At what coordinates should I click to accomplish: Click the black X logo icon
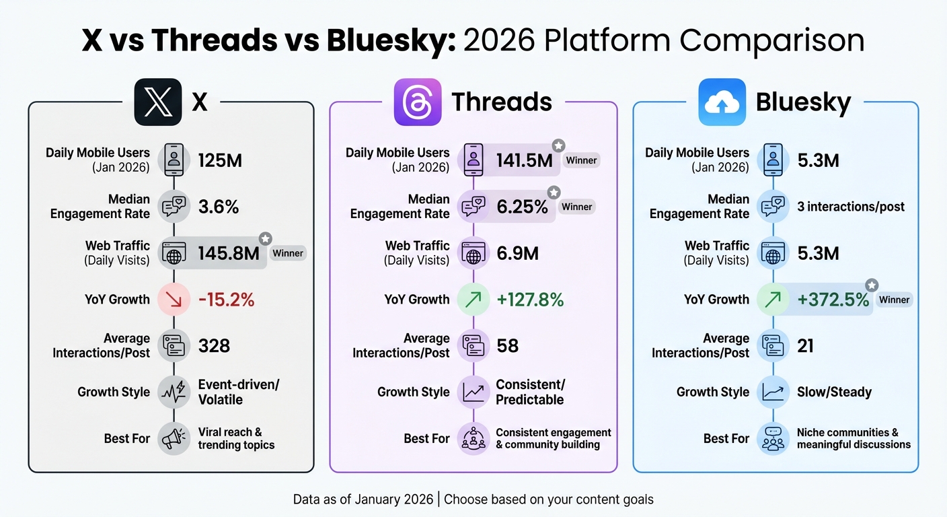click(158, 102)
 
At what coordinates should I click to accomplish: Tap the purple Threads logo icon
click(418, 102)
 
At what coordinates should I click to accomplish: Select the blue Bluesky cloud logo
click(722, 102)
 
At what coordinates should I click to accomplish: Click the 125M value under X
click(220, 161)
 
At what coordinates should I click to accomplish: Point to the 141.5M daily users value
click(524, 161)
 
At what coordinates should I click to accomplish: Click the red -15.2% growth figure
click(226, 300)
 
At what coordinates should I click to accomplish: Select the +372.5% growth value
click(833, 300)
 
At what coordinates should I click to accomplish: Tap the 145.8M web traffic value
click(229, 254)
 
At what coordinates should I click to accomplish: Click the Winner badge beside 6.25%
click(577, 207)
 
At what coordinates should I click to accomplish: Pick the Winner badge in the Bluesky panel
click(894, 300)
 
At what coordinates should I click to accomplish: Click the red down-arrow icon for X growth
click(174, 300)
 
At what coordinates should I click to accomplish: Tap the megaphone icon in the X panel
click(174, 438)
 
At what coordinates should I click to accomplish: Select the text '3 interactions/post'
click(851, 207)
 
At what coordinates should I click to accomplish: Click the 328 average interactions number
click(214, 346)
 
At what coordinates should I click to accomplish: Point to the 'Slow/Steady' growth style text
click(834, 392)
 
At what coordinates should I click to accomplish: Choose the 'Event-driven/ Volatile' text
click(238, 392)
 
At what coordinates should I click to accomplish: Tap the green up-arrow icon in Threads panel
click(474, 300)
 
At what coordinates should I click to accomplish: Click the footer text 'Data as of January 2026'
click(364, 499)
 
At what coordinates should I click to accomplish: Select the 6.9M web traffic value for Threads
click(517, 254)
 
